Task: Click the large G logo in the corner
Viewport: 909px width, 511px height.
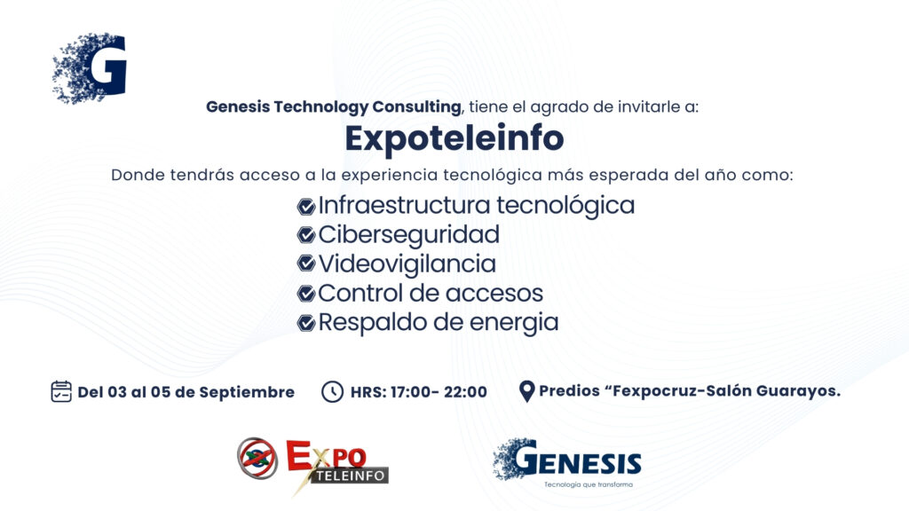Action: point(90,68)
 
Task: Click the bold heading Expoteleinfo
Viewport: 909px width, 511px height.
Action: point(454,138)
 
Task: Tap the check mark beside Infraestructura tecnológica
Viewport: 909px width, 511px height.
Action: point(305,206)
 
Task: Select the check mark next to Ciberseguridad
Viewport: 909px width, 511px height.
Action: point(305,235)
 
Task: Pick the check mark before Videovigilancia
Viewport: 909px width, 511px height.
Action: point(305,264)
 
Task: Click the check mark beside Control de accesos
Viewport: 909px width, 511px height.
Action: point(305,294)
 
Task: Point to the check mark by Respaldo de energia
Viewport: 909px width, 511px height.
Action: point(305,323)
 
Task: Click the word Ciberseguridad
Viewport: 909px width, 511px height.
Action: point(408,235)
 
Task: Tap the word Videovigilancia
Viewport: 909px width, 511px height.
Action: point(407,264)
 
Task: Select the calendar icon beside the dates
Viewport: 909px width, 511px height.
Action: point(61,391)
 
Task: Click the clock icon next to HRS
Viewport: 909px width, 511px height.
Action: point(332,392)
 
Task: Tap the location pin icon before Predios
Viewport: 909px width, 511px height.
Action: point(526,391)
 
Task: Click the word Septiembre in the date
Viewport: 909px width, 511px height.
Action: point(247,393)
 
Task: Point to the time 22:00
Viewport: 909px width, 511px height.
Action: point(465,392)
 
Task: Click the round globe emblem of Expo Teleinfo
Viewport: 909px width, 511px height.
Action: point(257,459)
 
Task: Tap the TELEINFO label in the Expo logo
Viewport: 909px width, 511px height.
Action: point(351,476)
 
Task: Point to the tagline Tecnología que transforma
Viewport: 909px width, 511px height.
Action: point(589,485)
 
